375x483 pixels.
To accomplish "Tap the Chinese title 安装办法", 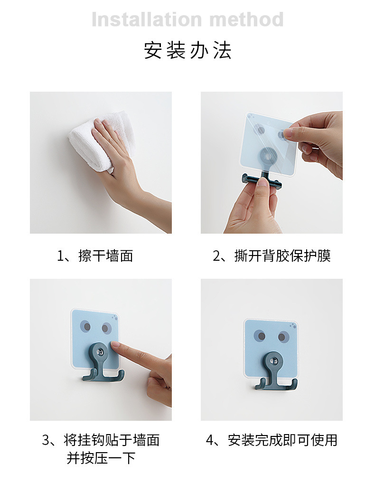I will coord(187,51).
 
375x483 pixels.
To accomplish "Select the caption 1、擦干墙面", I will coord(95,256).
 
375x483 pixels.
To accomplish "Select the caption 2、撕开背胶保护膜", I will coord(271,256).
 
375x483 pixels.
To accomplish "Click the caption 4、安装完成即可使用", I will coord(271,440).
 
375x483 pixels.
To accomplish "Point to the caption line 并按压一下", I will coord(101,458).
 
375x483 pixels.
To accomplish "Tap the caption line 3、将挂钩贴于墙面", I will coord(101,440).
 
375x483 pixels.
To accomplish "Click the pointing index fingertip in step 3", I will coord(116,348).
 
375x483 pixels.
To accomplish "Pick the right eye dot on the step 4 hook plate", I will coord(283,337).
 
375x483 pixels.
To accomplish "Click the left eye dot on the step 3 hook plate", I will coord(86,326).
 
